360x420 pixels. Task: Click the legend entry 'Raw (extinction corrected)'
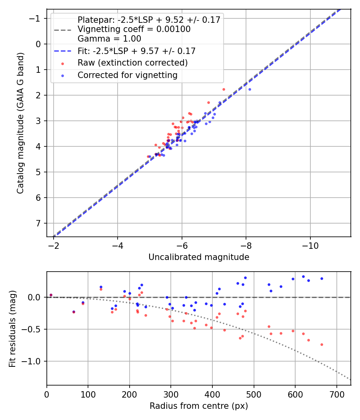pos(132,63)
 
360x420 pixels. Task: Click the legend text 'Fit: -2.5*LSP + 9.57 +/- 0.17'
pos(136,51)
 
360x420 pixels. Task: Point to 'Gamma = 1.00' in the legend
pos(109,39)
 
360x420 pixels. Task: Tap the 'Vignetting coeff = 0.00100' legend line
pos(134,29)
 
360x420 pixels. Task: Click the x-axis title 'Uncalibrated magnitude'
pos(199,257)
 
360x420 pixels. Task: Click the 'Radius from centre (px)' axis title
pos(199,406)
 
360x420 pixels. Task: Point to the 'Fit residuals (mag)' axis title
pos(12,329)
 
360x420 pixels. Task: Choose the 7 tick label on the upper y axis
pos(38,223)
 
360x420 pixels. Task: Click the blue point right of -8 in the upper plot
pos(250,89)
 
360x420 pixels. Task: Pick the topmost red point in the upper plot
pos(224,89)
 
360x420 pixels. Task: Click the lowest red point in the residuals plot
pos(322,344)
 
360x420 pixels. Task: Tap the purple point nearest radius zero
pos(51,295)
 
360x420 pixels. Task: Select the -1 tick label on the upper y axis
pos(36,18)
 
